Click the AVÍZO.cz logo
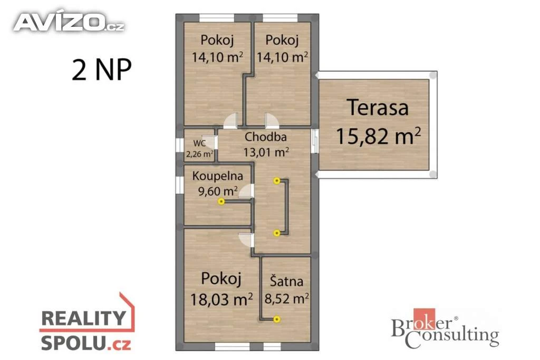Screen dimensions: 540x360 click(x=69, y=22)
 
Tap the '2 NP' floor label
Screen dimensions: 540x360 click(x=102, y=70)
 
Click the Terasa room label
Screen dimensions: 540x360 click(x=378, y=107)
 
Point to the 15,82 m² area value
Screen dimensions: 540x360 click(x=378, y=136)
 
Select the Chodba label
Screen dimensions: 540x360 click(x=266, y=137)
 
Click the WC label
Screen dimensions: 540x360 click(x=199, y=143)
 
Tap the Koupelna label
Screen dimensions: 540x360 click(x=217, y=176)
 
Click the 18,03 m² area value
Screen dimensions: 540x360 click(x=221, y=299)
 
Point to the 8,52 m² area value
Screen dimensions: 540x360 click(x=286, y=298)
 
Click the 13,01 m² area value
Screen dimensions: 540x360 click(x=266, y=152)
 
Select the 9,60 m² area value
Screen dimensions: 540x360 click(x=218, y=191)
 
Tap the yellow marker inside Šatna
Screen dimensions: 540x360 click(x=276, y=319)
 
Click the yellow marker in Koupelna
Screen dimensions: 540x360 click(x=221, y=201)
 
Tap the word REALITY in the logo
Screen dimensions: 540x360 click(x=84, y=318)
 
